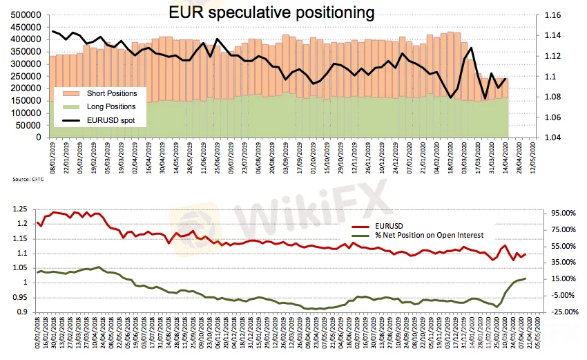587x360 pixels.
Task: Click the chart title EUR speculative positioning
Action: click(x=272, y=12)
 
